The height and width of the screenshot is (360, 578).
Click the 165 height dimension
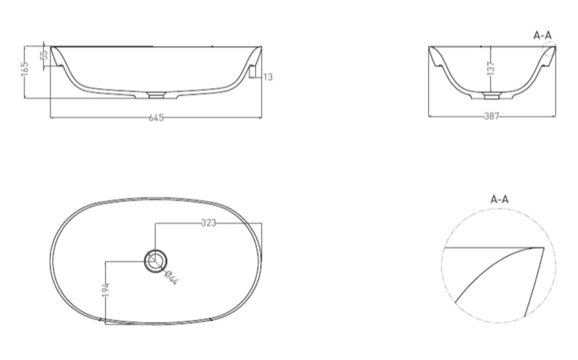tap(26, 70)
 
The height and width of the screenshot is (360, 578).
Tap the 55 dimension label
tap(44, 54)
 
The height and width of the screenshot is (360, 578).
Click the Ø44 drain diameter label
tap(171, 276)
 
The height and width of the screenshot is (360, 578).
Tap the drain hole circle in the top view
tap(155, 260)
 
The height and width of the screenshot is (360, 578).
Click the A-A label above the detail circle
tap(499, 199)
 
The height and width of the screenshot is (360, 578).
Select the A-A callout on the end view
tap(542, 34)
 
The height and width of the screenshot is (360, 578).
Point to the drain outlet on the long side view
tap(156, 97)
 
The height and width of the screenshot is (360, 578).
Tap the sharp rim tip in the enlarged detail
tap(544, 248)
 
